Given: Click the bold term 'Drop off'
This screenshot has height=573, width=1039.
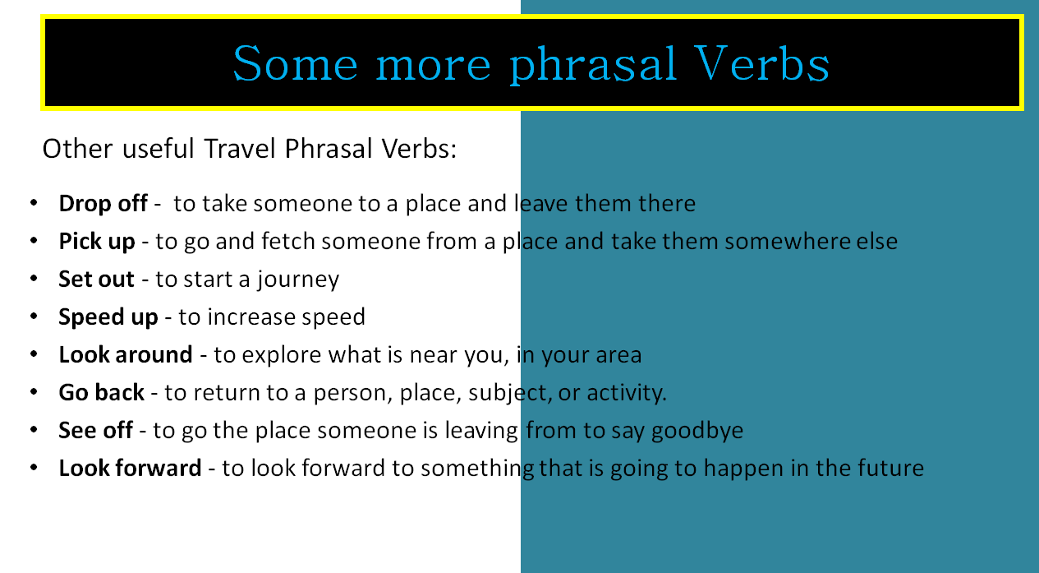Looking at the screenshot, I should click(103, 203).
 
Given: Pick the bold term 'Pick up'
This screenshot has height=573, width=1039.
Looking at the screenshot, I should click(97, 242).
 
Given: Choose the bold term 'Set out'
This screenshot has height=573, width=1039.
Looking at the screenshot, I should click(96, 280).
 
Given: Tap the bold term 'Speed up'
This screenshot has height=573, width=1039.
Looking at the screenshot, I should click(108, 317).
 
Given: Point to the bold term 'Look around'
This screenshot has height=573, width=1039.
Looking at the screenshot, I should click(125, 355).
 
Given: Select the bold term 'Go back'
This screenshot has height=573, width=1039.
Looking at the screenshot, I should click(101, 393).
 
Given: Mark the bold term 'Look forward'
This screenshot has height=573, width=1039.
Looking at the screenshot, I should click(130, 469).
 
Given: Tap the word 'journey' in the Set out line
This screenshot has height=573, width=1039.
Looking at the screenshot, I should click(297, 280).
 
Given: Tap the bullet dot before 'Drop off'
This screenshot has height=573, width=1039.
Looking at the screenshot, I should click(34, 203).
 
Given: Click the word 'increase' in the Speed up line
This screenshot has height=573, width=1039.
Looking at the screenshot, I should click(237, 317).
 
